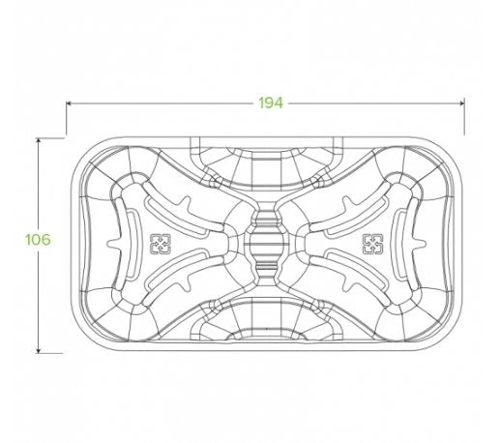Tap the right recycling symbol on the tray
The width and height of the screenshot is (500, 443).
[370, 243]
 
